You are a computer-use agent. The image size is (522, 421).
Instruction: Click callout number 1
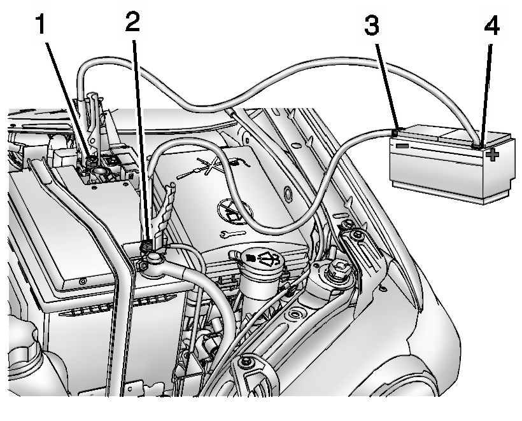click(x=41, y=24)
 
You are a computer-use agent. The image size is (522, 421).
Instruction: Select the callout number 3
click(x=372, y=25)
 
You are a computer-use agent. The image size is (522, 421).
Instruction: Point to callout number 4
click(x=491, y=25)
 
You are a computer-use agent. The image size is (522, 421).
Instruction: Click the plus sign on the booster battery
click(x=492, y=155)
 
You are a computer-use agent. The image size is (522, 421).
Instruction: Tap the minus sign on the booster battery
click(x=402, y=146)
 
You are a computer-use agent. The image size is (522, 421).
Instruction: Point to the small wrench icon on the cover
click(x=233, y=233)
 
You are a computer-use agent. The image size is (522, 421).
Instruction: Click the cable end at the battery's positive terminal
click(x=477, y=146)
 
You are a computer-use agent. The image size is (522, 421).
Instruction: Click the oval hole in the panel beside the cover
click(x=288, y=195)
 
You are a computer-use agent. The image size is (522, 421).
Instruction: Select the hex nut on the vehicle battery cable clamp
click(x=142, y=266)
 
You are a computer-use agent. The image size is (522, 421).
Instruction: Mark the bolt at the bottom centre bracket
click(x=244, y=362)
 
